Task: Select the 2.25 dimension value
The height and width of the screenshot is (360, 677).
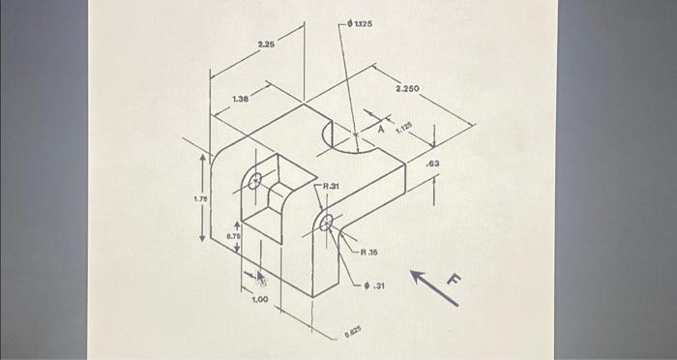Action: click(x=267, y=45)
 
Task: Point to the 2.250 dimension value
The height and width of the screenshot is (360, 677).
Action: click(x=408, y=88)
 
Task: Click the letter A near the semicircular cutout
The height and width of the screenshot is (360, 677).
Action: click(x=381, y=127)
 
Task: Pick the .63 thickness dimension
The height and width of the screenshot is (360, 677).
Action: click(x=433, y=165)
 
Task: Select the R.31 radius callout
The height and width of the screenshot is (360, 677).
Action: click(x=331, y=185)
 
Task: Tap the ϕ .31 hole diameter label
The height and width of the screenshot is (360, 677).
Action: click(x=380, y=285)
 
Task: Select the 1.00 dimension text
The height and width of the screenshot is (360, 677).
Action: click(x=259, y=301)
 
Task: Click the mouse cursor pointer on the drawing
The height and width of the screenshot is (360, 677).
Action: click(x=259, y=279)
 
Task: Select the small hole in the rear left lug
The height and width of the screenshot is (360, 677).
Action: click(x=255, y=180)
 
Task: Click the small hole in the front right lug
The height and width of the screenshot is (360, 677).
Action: click(x=327, y=224)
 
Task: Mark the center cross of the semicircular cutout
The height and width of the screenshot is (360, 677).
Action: click(x=356, y=134)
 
